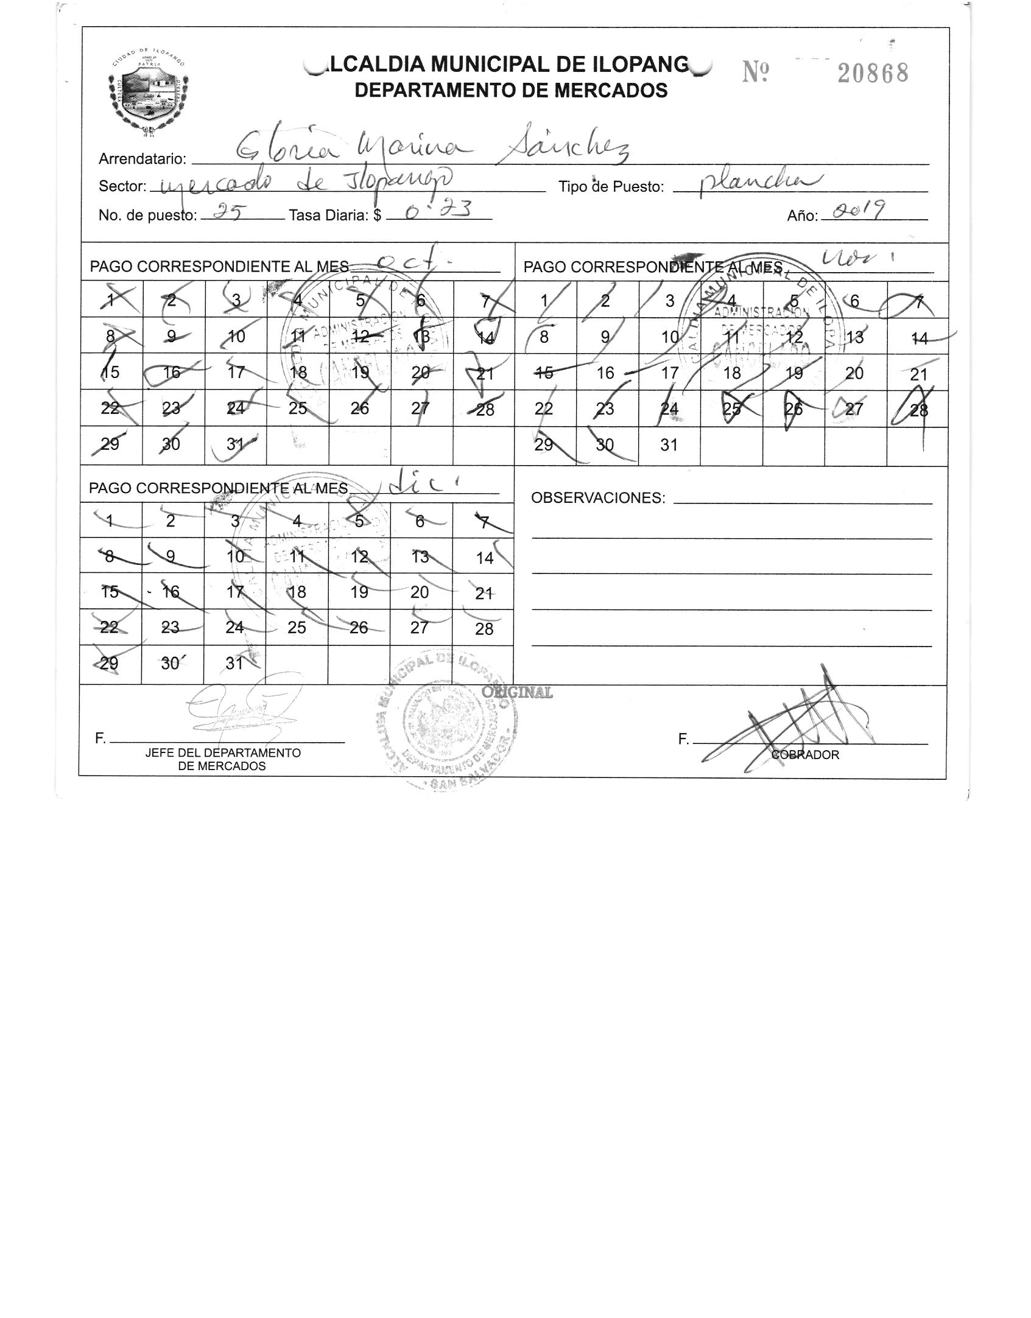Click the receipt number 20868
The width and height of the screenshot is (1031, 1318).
(x=873, y=73)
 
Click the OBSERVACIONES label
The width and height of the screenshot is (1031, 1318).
(x=598, y=498)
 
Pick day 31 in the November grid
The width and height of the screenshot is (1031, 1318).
(x=669, y=445)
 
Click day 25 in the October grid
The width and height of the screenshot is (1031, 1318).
(x=297, y=408)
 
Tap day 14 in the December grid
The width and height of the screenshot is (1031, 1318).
(x=484, y=558)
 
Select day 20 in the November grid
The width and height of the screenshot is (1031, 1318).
(x=854, y=373)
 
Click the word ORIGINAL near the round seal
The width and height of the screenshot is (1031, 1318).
(x=517, y=692)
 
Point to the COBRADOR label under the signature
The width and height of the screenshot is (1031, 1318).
(x=805, y=755)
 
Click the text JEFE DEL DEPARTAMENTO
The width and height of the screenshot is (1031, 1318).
(x=222, y=753)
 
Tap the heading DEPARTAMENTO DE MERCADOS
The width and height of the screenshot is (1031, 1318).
(x=510, y=91)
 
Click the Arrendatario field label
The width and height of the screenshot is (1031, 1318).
(x=142, y=159)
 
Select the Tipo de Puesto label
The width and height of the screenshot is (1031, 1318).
(x=611, y=187)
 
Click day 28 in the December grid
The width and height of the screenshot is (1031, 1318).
(x=484, y=629)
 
